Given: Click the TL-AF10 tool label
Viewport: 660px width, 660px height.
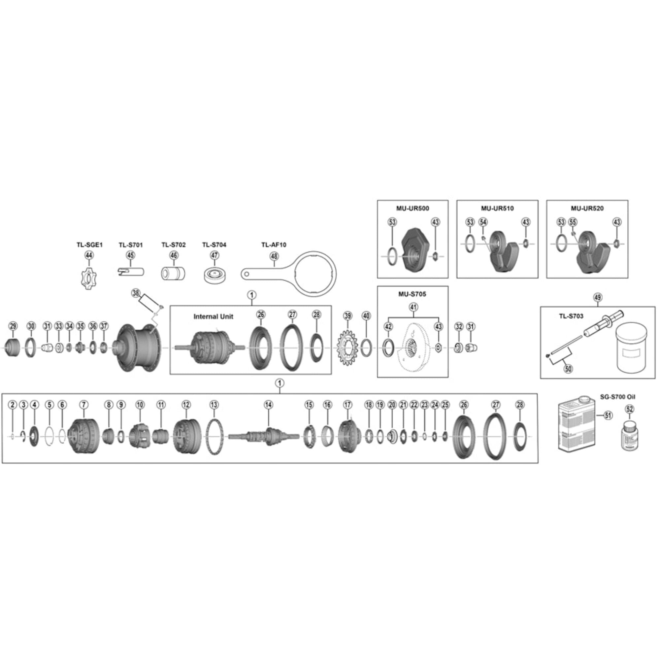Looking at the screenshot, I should click(274, 245).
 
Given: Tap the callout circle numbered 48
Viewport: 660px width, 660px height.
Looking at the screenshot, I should click(274, 256).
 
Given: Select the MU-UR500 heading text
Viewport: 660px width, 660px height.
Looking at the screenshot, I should click(413, 208).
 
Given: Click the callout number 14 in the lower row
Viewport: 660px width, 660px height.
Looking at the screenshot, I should click(269, 405).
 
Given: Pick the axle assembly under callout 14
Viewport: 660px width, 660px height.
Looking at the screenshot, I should click(265, 436).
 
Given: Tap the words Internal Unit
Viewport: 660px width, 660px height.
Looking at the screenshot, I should click(213, 317).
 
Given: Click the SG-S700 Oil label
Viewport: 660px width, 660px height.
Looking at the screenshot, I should click(618, 397).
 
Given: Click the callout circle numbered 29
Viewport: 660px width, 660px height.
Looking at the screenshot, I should click(13, 326).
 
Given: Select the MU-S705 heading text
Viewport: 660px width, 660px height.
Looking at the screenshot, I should click(412, 294).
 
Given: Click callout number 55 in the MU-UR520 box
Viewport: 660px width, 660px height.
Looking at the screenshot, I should click(573, 222).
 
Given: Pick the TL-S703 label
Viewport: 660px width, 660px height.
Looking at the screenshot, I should click(571, 316).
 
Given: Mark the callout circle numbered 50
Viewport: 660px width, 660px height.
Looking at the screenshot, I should click(568, 369).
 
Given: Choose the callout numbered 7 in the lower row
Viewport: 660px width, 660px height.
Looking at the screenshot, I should click(84, 405).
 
